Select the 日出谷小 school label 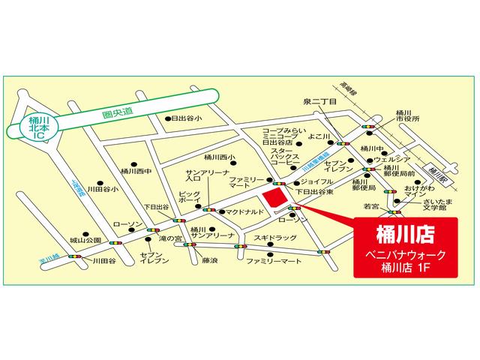(x=187, y=118)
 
